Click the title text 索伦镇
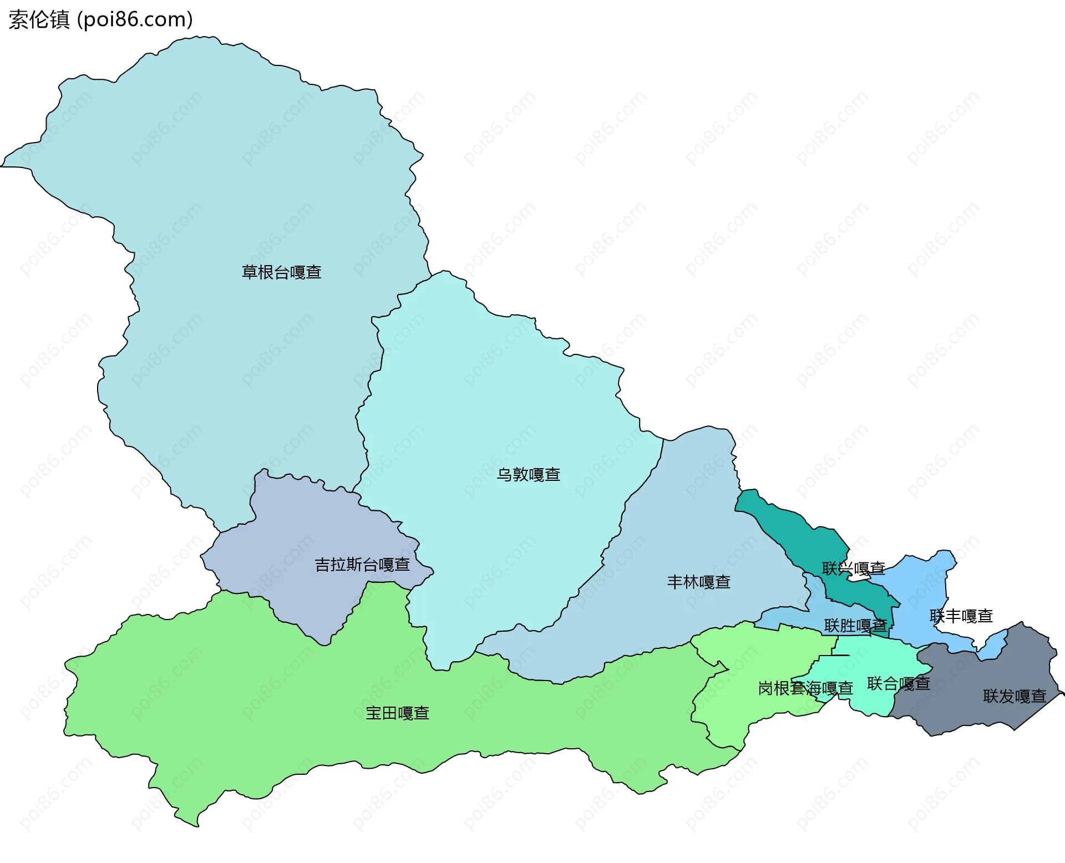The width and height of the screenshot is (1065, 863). tap(39, 19)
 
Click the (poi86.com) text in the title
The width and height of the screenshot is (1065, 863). tap(135, 19)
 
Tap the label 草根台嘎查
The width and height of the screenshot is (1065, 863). tap(281, 272)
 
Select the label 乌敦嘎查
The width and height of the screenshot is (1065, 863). tap(528, 475)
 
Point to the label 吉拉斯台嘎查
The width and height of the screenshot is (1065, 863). tap(362, 565)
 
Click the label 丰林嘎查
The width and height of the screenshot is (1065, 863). tap(698, 582)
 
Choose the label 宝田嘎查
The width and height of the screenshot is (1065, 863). tap(397, 713)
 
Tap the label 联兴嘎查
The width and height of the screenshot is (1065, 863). tap(853, 568)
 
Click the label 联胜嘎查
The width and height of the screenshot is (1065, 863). tap(855, 626)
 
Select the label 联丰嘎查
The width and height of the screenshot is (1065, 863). tap(961, 616)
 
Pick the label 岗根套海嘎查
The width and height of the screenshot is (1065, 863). tap(805, 688)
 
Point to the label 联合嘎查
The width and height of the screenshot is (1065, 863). tap(898, 684)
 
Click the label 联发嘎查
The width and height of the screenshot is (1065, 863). tap(1014, 696)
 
